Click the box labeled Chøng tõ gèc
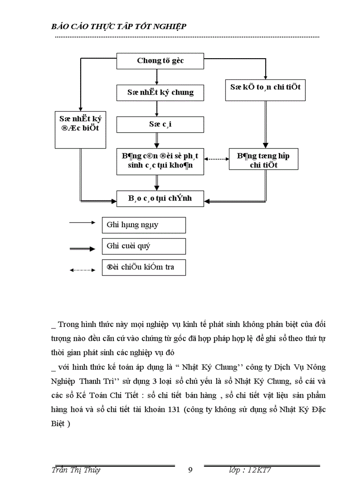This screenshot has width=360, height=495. coord(160,61)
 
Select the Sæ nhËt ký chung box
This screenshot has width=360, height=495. coord(160,93)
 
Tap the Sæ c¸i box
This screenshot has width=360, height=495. coord(160,124)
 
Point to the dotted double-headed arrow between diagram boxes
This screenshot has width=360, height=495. coord(217,160)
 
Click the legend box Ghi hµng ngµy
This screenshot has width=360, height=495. coord(143,225)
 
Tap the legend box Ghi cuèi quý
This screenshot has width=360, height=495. coord(143,246)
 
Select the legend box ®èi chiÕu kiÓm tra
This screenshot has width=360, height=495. coord(143,267)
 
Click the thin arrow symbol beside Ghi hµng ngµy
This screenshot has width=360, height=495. coord(82,223)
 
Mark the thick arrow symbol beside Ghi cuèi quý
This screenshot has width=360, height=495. coord(82,249)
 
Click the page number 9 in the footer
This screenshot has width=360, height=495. coord(190,470)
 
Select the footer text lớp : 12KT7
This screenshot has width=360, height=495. coord(249,470)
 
